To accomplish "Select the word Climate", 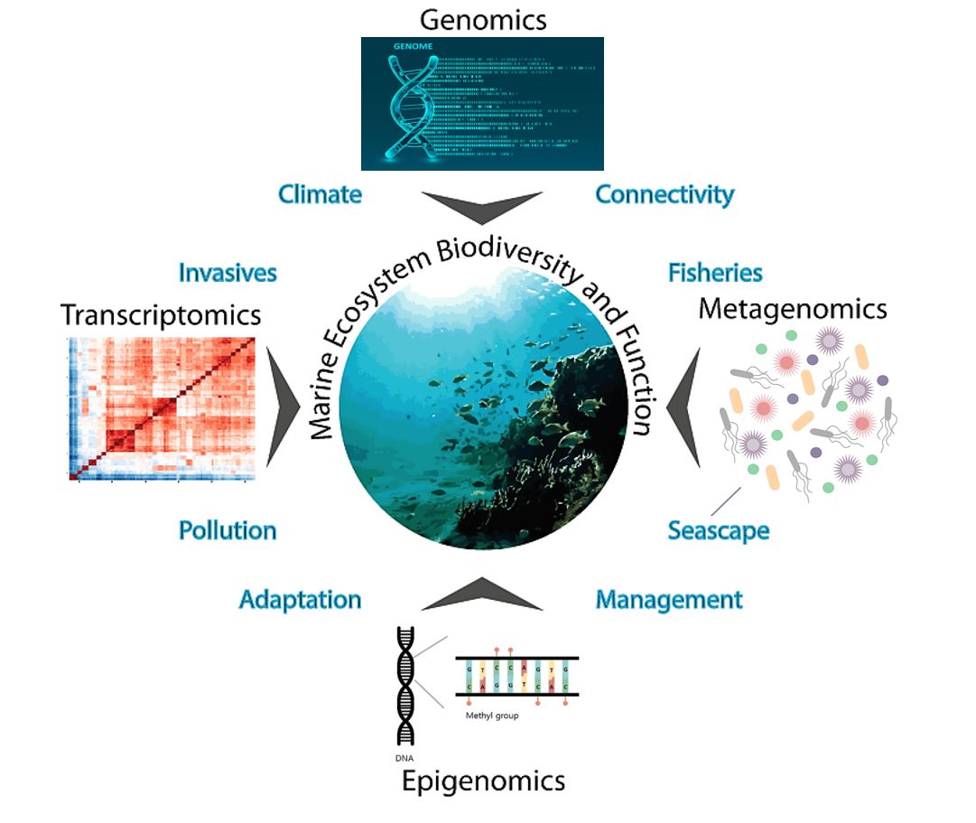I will (320, 194).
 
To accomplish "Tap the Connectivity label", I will (665, 194).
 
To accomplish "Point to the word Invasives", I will (228, 272).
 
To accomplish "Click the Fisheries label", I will (715, 272).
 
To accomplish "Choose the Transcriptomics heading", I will (161, 314).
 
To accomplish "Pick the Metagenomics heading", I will (793, 309).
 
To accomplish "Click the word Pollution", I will (228, 529).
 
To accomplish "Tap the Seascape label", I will (719, 529).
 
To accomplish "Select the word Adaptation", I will (300, 599).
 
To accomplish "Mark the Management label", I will (669, 599).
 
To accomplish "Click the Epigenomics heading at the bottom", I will (483, 780).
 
